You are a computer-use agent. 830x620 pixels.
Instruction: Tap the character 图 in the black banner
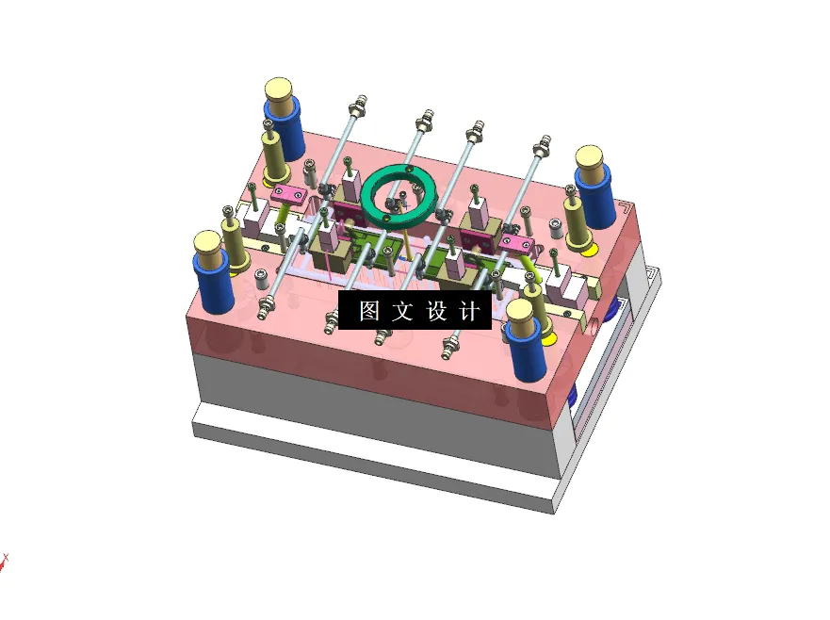[x=369, y=311]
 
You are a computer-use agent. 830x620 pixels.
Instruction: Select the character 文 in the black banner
[x=402, y=311]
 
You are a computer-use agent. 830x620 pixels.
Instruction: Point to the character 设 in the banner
[x=436, y=311]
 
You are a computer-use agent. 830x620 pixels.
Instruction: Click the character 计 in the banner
[x=469, y=311]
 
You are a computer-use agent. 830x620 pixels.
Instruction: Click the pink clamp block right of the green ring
[x=516, y=245]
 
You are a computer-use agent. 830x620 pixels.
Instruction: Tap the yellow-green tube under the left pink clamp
[x=284, y=227]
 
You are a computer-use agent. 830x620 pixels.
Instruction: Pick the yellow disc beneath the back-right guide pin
[x=588, y=249]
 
